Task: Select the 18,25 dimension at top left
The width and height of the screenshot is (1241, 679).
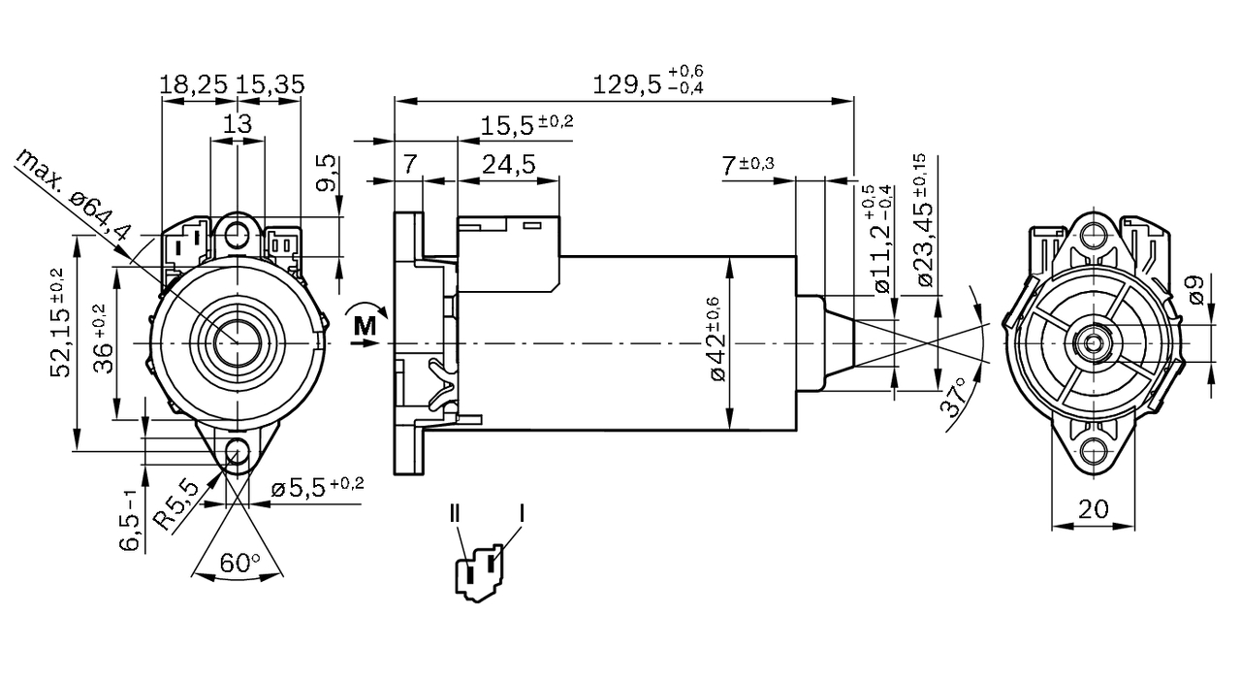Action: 194,84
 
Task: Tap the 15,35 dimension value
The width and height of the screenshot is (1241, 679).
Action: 270,84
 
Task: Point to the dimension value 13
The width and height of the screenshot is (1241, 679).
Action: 238,123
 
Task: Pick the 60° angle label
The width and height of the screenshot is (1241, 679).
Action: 241,562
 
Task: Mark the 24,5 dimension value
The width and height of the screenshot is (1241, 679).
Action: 509,164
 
